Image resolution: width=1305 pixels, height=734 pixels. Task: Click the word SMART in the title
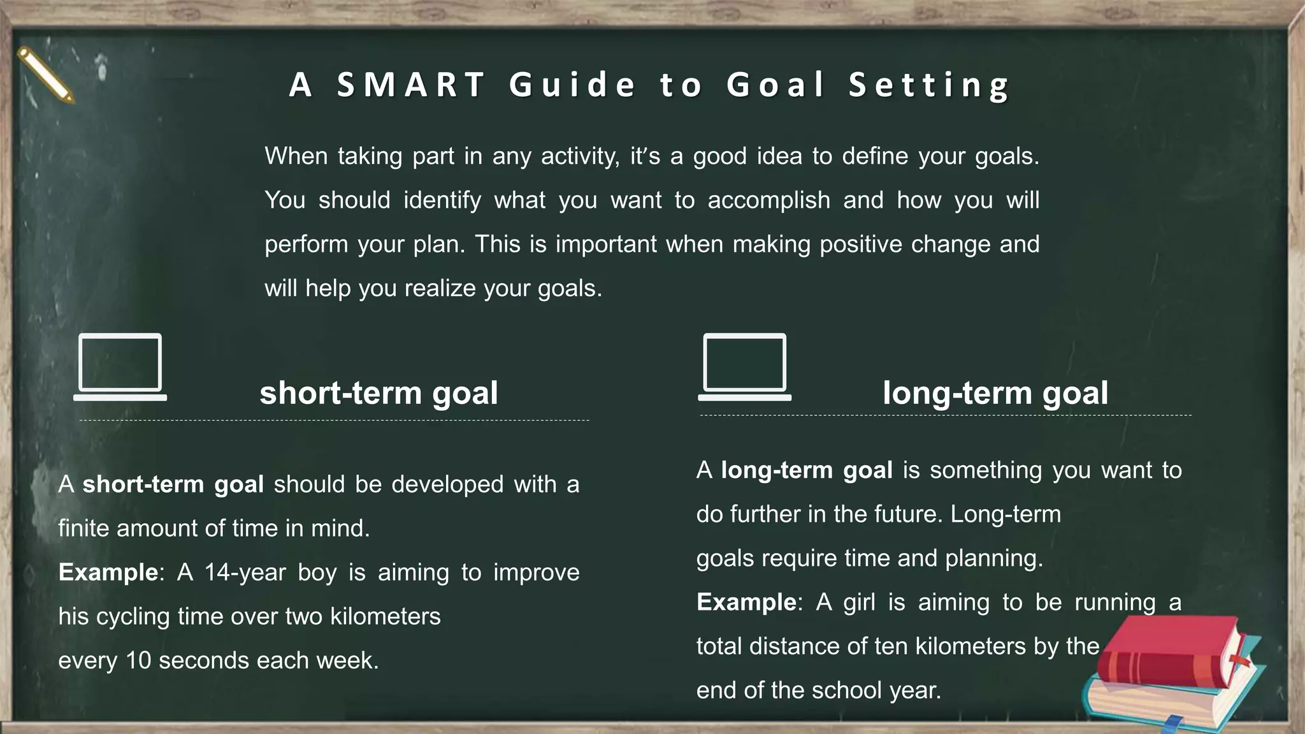(411, 85)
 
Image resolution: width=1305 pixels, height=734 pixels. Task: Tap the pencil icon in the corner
(45, 75)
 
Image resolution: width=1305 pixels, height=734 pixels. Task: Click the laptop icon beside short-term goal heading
(120, 367)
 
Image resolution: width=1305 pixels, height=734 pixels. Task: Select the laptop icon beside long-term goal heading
(744, 367)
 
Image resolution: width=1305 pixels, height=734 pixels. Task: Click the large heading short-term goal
(379, 393)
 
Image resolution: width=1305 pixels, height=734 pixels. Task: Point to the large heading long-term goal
(995, 393)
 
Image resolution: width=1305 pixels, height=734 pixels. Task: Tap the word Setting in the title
(928, 85)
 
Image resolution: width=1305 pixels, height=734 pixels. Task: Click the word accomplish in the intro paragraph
(768, 201)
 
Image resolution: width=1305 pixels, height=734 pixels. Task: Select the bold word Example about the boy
(108, 572)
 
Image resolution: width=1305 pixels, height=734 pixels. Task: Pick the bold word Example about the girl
(746, 602)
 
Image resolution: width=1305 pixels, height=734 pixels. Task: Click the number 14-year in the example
(245, 572)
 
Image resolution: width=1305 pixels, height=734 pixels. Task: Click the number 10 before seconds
(138, 661)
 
